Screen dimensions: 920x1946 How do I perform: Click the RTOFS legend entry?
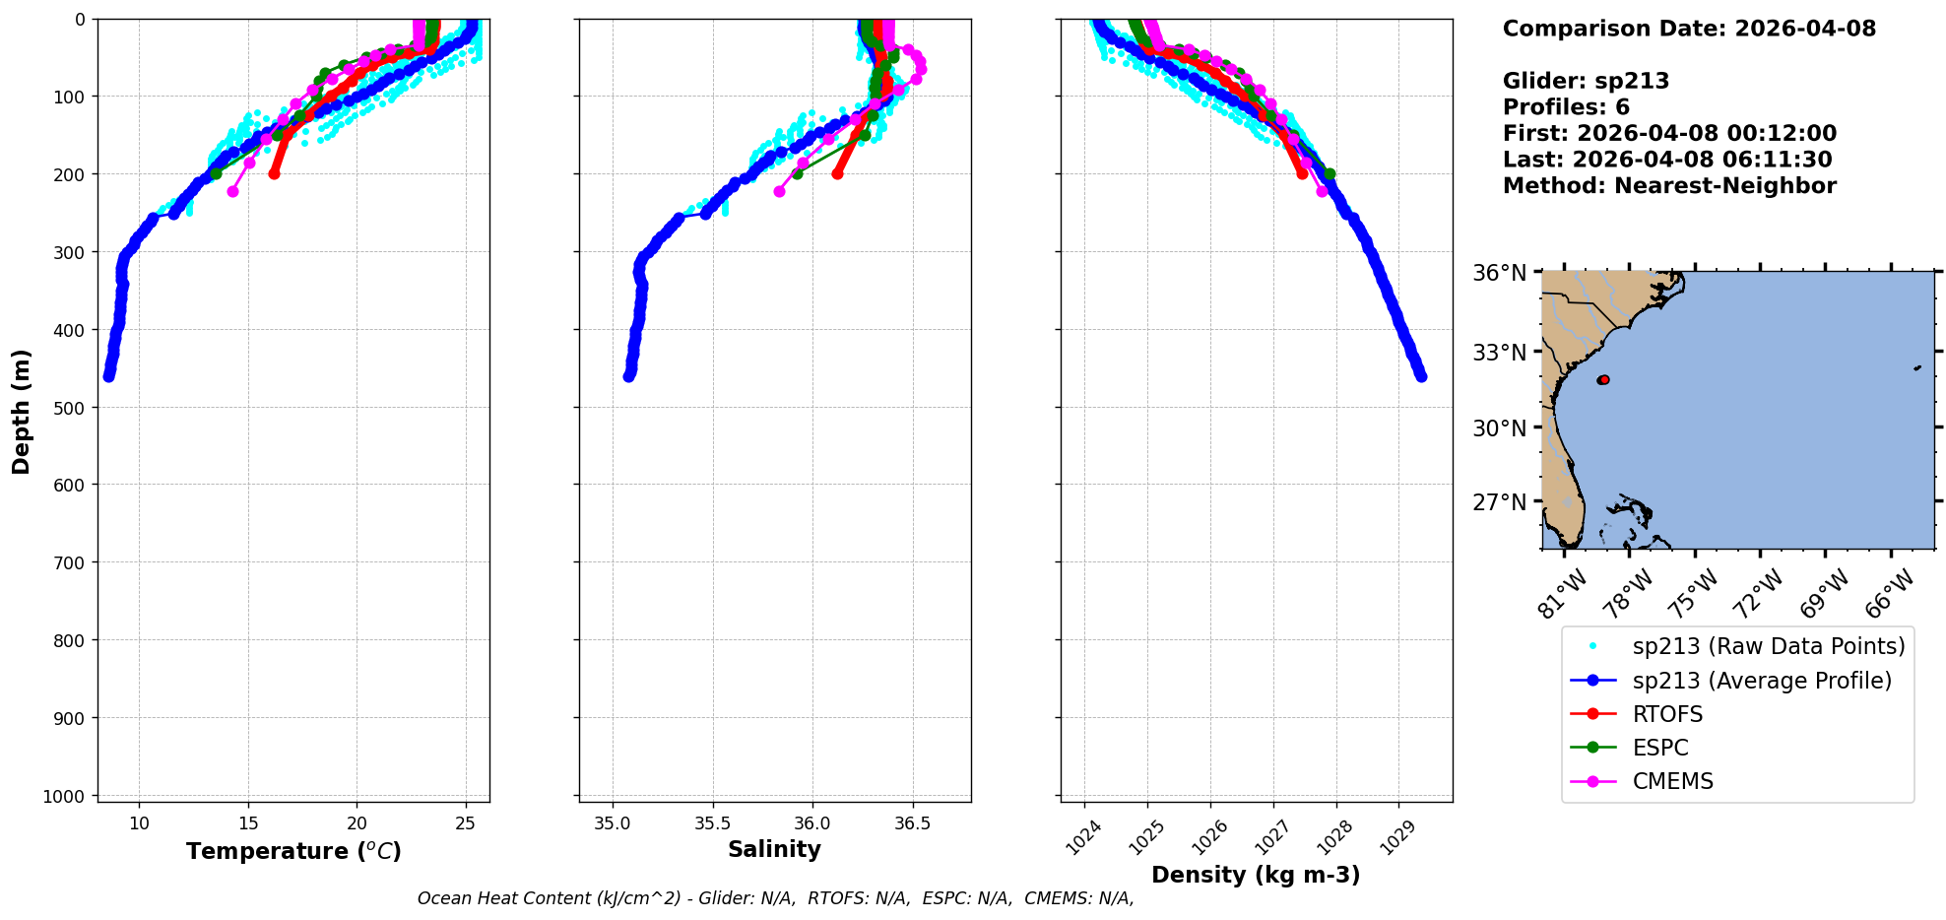(1666, 714)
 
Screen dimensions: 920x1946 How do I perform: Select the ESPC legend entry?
(1659, 748)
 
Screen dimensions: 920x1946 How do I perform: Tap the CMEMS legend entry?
(1672, 781)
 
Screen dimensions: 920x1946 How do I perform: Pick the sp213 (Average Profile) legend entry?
(1761, 681)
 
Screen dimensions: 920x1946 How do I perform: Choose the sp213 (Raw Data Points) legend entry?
(1768, 646)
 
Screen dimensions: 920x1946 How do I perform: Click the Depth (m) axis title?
(22, 411)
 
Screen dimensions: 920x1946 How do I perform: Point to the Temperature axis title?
(293, 851)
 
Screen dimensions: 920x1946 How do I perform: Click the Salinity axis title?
(774, 849)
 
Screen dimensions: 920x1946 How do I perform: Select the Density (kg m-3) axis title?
(1256, 875)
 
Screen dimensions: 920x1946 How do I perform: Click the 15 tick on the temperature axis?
(248, 823)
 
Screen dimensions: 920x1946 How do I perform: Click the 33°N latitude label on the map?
(1498, 353)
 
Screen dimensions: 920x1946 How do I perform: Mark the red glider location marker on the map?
(1603, 379)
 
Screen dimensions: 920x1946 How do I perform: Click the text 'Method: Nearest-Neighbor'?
(1669, 186)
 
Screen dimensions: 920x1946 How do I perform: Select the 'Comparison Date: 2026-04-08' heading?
(1689, 29)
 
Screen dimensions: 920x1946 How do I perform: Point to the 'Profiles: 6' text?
(1566, 107)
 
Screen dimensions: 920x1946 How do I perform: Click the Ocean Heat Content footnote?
(775, 898)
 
